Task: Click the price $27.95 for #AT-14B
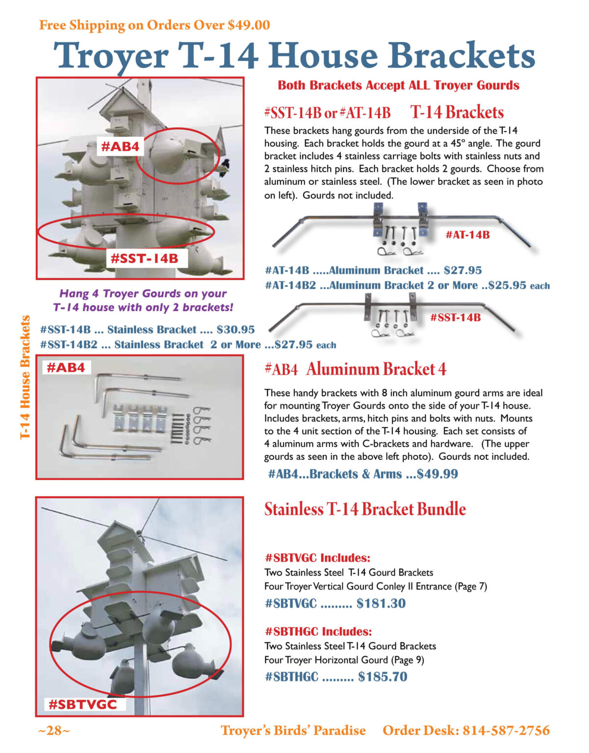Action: (462, 270)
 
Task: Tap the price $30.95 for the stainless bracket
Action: (235, 329)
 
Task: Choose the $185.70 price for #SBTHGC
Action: (383, 677)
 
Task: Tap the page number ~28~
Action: (54, 730)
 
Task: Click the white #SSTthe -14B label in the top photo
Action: (144, 258)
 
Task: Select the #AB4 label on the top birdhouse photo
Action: (120, 146)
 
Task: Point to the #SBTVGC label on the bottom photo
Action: (82, 704)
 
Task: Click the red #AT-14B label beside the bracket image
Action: (467, 235)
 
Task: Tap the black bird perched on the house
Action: (225, 166)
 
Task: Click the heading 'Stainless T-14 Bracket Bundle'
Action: (365, 509)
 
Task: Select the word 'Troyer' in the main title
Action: (111, 56)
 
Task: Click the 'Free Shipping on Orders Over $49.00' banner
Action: (154, 25)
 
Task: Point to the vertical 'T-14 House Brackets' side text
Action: (26, 377)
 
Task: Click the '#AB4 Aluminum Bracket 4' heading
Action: (355, 369)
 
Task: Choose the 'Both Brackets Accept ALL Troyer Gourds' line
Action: (398, 85)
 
